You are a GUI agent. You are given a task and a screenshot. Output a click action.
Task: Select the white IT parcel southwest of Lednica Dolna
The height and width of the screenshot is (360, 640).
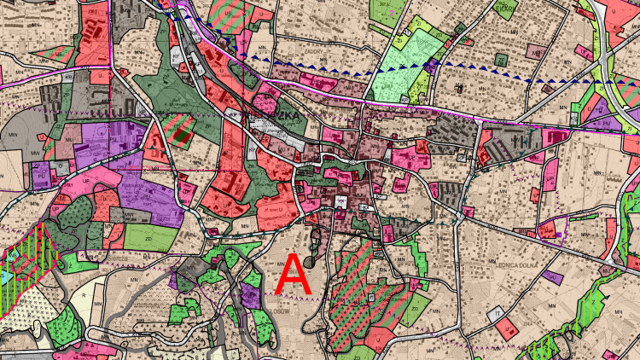[x=496, y=314]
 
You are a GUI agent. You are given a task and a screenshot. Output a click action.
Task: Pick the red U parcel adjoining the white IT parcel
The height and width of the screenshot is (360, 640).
[x=509, y=328]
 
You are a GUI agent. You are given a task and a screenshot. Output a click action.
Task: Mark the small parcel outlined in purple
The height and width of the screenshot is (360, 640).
[x=553, y=229]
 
